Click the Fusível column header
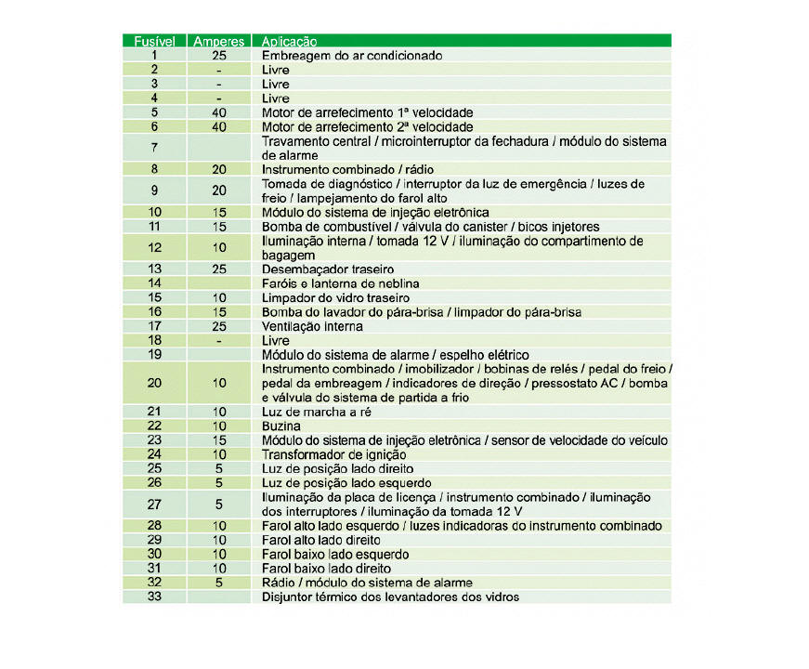pos(154,41)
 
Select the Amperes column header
pos(219,41)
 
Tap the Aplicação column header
pos(290,41)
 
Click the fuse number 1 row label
pos(154,55)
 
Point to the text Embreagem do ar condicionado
pos(351,55)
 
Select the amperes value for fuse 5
pos(219,111)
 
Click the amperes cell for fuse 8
pos(219,170)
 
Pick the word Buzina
pos(281,426)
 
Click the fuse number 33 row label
pos(154,597)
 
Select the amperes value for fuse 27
pos(219,504)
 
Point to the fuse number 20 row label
pos(154,383)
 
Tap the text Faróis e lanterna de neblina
pos(341,282)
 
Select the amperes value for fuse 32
pos(219,583)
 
